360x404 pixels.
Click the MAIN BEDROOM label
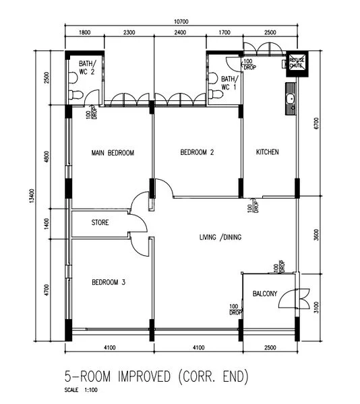113,153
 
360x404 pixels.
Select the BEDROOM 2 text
197,153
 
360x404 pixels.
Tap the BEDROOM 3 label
109,283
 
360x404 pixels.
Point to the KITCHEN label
267,153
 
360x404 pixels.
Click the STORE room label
100,222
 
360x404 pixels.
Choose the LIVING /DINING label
220,238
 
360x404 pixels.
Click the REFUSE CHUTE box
297,63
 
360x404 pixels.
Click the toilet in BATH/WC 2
76,94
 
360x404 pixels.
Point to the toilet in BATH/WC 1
216,94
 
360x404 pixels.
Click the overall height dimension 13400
32,195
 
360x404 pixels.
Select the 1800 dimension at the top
84,32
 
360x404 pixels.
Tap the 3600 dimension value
317,236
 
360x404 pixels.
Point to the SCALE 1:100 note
81,391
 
